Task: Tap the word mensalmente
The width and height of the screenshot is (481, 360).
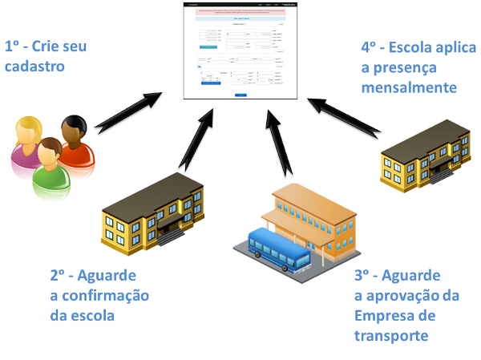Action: pos(408,86)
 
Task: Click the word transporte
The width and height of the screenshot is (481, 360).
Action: pos(391,335)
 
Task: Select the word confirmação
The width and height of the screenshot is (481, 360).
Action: pos(99,296)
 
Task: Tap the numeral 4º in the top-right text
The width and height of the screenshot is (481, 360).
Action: pos(370,47)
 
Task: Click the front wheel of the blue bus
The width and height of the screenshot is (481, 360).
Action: pos(259,253)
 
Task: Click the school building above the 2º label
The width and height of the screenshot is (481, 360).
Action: pos(152,211)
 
